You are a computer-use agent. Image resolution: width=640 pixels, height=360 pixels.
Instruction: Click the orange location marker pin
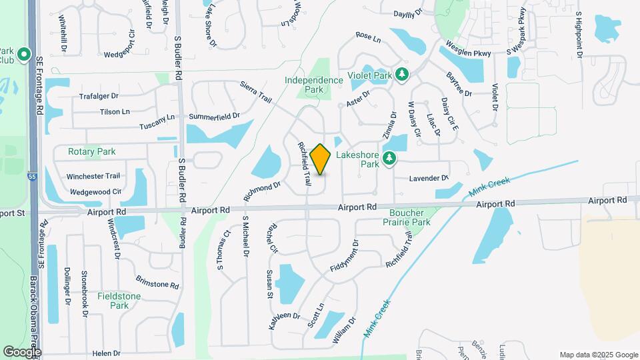pos(320,159)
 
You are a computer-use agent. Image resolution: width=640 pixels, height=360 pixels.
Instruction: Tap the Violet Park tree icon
pos(401,74)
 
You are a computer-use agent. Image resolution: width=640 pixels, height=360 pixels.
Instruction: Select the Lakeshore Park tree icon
pos(389,159)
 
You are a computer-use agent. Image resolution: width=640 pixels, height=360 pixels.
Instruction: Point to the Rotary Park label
pos(91,152)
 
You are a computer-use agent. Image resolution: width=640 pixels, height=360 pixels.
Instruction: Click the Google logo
pos(21,351)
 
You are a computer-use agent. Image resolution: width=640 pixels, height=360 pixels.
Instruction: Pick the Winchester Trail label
pos(93,177)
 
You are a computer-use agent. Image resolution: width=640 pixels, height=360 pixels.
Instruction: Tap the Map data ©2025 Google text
pos(598,355)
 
